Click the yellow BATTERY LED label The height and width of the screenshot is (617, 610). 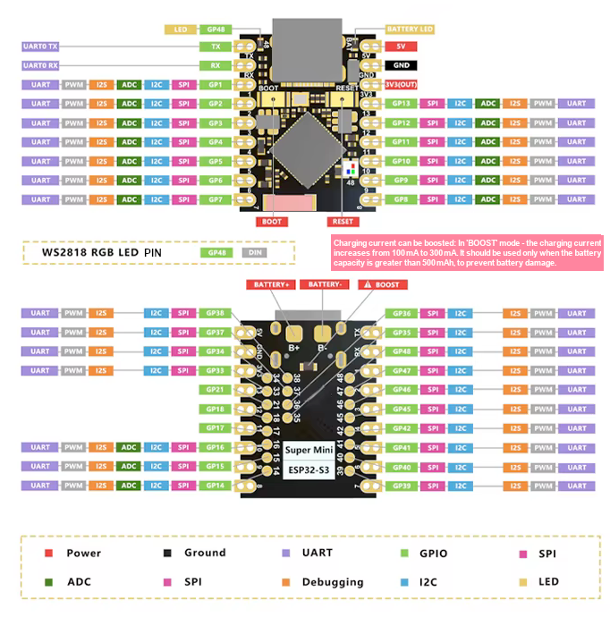(x=410, y=30)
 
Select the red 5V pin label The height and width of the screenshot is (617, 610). (x=398, y=46)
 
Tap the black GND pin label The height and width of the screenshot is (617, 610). (x=398, y=65)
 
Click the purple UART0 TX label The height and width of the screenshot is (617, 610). (x=40, y=46)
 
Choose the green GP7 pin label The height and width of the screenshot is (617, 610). (x=215, y=199)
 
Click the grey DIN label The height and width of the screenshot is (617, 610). (x=255, y=253)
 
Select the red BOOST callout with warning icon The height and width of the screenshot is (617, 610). (x=381, y=284)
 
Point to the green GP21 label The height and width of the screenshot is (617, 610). (x=215, y=390)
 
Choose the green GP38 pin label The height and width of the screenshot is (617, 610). (x=215, y=314)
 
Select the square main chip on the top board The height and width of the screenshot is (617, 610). (x=306, y=143)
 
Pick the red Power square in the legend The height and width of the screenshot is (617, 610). (x=49, y=554)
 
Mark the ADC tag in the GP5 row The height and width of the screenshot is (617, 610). (x=129, y=162)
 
